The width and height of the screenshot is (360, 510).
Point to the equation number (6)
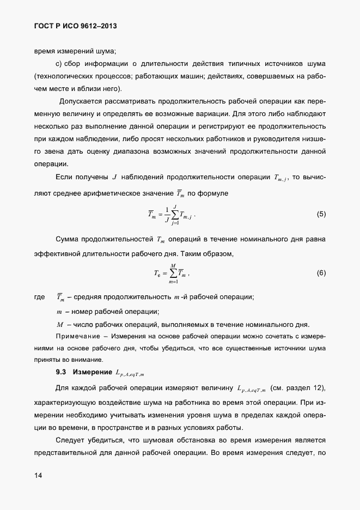coord(321,272)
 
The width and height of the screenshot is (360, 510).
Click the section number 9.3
coord(61,373)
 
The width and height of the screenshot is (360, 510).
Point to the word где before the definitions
coord(39,297)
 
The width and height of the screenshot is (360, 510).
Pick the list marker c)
coord(60,63)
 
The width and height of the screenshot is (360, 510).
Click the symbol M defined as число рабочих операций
coord(60,324)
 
